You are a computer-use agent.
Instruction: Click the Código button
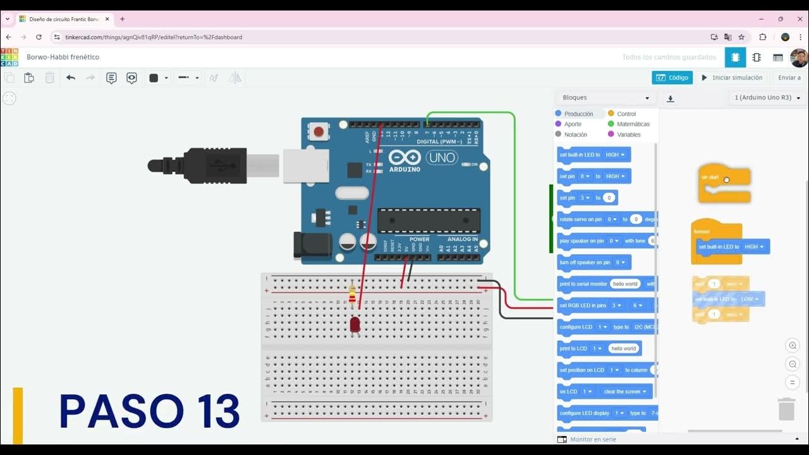(672, 78)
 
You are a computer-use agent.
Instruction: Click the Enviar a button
(789, 78)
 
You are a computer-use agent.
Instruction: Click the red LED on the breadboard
(355, 325)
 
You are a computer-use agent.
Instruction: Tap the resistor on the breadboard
(352, 295)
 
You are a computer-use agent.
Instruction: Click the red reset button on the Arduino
(319, 132)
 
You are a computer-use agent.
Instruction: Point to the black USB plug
(202, 166)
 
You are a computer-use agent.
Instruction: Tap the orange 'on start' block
(724, 181)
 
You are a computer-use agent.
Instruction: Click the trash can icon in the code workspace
(786, 409)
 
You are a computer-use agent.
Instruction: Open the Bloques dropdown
(605, 98)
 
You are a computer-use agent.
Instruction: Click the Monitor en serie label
(593, 439)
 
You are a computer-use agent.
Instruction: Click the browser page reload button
(39, 37)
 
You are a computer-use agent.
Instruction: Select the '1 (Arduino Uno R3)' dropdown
(767, 98)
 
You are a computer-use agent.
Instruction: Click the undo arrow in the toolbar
(71, 78)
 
